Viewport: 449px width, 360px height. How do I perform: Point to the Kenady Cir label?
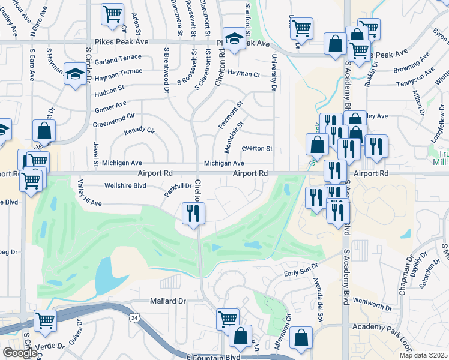(x=139, y=131)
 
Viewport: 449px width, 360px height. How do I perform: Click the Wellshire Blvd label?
(x=125, y=186)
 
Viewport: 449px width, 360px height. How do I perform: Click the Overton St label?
(x=257, y=149)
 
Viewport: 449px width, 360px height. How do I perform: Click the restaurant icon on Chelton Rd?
(x=193, y=214)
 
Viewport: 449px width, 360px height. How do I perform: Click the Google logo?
(x=20, y=353)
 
